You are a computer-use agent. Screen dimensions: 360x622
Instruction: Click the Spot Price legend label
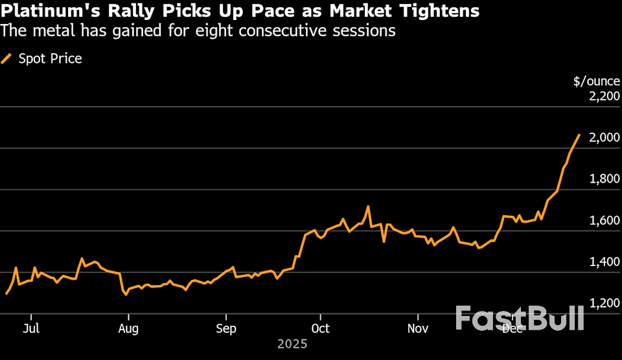pyautogui.click(x=50, y=59)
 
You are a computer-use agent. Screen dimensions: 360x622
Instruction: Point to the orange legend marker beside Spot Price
pyautogui.click(x=6, y=59)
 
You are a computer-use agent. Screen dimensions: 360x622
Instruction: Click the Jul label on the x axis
pyautogui.click(x=30, y=328)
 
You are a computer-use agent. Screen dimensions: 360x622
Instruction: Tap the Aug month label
pyautogui.click(x=128, y=328)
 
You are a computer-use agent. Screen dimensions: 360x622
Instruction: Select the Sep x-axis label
pyautogui.click(x=225, y=328)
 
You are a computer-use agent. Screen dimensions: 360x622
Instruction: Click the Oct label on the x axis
pyautogui.click(x=320, y=328)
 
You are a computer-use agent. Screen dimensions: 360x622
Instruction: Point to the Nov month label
pyautogui.click(x=418, y=328)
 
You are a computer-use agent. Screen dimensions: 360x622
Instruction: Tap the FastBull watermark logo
pyautogui.click(x=520, y=318)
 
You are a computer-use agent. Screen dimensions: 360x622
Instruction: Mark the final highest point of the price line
pyautogui.click(x=579, y=135)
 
